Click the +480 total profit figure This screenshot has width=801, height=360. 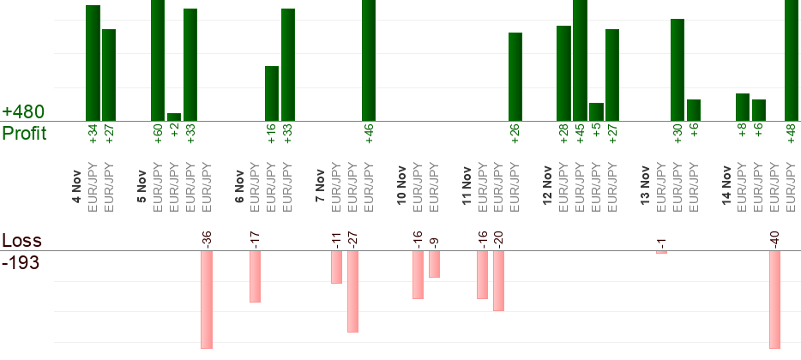point(23,112)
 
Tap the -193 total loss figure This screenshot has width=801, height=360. point(21,261)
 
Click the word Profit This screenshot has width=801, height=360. point(24,133)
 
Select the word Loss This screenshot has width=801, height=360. point(21,241)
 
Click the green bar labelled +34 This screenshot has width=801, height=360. point(93,63)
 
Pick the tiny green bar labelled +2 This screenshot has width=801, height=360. point(174,117)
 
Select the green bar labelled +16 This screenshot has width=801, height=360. point(272,93)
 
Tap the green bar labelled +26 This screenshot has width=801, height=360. point(515,77)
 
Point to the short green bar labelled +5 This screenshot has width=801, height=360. point(596,111)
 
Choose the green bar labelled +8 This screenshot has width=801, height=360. point(743,107)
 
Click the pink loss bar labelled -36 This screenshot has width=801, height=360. point(207,299)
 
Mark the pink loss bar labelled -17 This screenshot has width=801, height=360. point(255,276)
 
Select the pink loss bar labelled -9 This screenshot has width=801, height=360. point(434,264)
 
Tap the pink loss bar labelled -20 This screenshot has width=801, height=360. point(498,280)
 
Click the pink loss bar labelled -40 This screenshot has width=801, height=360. point(774,299)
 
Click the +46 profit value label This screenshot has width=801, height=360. point(369,135)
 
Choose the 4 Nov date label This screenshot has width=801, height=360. point(76,187)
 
